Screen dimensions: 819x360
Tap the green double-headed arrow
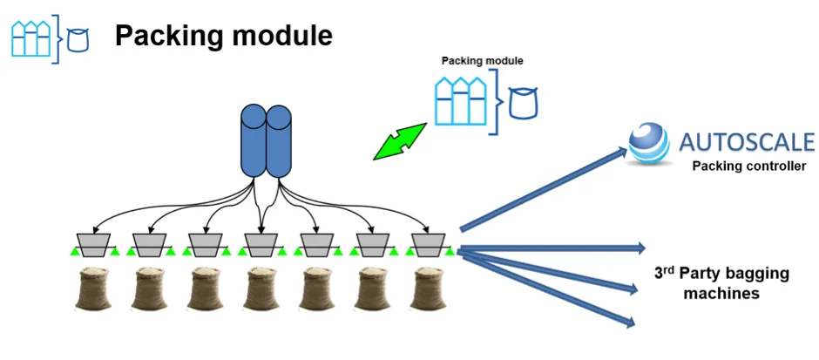click(x=400, y=141)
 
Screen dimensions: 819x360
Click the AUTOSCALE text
click(x=747, y=141)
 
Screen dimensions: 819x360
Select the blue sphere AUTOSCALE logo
click(x=649, y=143)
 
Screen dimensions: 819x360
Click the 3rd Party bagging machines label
click(x=721, y=283)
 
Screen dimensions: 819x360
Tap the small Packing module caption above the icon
click(x=482, y=61)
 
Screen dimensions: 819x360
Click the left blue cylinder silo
click(x=254, y=141)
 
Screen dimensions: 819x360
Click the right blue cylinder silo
click(x=279, y=141)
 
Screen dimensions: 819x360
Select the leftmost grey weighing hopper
click(x=93, y=245)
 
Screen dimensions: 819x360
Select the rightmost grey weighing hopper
click(x=429, y=245)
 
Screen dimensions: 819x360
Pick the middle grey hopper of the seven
click(x=261, y=245)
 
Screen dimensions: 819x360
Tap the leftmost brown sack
click(x=93, y=289)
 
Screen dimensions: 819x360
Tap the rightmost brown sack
click(x=429, y=289)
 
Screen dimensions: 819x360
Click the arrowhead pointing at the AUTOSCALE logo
click(x=621, y=152)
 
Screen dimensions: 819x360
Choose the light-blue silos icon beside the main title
click(x=31, y=38)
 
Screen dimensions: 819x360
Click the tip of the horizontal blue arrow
click(x=646, y=248)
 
